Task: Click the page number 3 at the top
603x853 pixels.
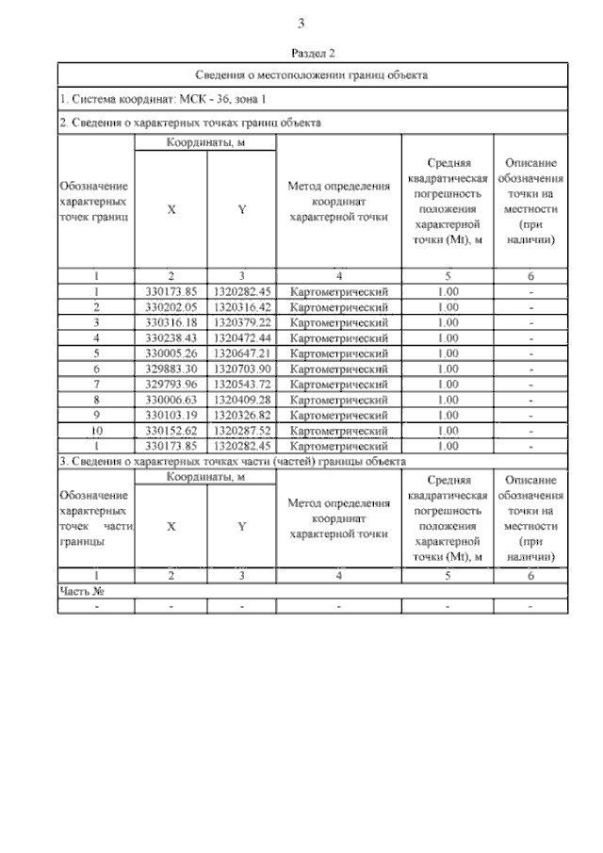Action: click(301, 23)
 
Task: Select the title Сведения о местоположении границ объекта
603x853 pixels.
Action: click(312, 74)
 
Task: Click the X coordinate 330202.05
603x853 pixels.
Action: click(171, 307)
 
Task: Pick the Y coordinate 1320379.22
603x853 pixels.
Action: click(241, 322)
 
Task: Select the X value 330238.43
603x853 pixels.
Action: click(171, 337)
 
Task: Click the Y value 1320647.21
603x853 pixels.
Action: click(241, 353)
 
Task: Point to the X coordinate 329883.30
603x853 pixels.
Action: click(171, 369)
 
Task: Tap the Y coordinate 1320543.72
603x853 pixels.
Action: click(241, 384)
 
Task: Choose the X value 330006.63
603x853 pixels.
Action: click(171, 399)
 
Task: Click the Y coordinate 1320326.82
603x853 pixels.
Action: click(241, 415)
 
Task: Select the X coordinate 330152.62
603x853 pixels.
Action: click(171, 430)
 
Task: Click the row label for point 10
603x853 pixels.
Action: click(95, 430)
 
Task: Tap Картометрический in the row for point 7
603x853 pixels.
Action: click(339, 384)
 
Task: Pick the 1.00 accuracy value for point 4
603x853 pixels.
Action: click(448, 337)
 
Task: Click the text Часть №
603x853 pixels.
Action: click(81, 591)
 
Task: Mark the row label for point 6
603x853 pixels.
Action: click(95, 369)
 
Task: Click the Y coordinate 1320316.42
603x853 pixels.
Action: click(241, 307)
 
